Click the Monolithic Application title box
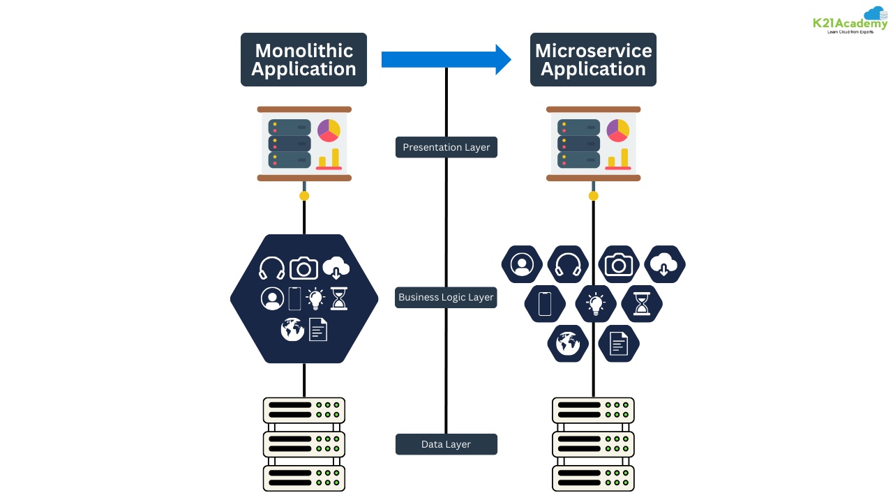(x=303, y=60)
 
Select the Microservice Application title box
(x=593, y=60)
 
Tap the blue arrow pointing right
(x=446, y=59)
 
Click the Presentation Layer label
(x=446, y=147)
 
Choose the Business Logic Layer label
(x=446, y=297)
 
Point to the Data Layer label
(x=446, y=444)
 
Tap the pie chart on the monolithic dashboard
(x=329, y=130)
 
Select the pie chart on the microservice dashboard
(x=617, y=130)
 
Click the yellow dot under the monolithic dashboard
(x=304, y=196)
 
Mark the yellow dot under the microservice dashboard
(x=593, y=196)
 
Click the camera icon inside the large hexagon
(x=303, y=268)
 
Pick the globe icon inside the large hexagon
(x=292, y=329)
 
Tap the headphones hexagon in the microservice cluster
(x=568, y=265)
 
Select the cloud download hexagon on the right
(x=664, y=265)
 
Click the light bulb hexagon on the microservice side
(x=595, y=304)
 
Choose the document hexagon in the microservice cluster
(x=619, y=344)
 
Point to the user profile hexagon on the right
(x=521, y=265)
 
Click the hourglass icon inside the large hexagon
(x=338, y=298)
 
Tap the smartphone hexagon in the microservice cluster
(x=545, y=304)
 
